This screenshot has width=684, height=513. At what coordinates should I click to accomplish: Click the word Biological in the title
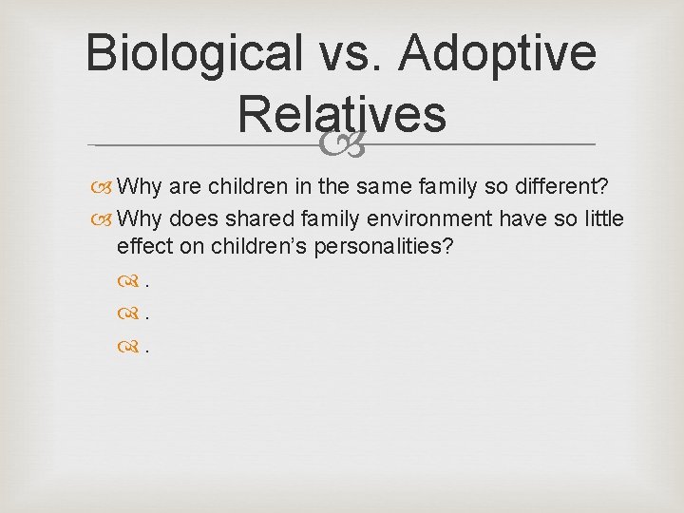pos(189,54)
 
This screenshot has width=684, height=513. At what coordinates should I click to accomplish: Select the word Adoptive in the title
pos(498,54)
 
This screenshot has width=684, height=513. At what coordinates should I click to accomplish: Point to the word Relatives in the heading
pos(342,114)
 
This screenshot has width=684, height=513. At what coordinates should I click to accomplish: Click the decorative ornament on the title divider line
pos(342,144)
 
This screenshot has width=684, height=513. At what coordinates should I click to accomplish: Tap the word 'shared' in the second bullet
pos(241,219)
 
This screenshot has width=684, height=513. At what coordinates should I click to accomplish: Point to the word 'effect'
pos(142,246)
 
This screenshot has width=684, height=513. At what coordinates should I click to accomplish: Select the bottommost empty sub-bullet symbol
pos(126,347)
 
